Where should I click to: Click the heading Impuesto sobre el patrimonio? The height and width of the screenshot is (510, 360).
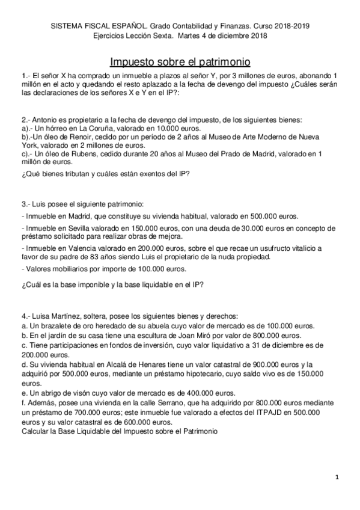tap(180, 62)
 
